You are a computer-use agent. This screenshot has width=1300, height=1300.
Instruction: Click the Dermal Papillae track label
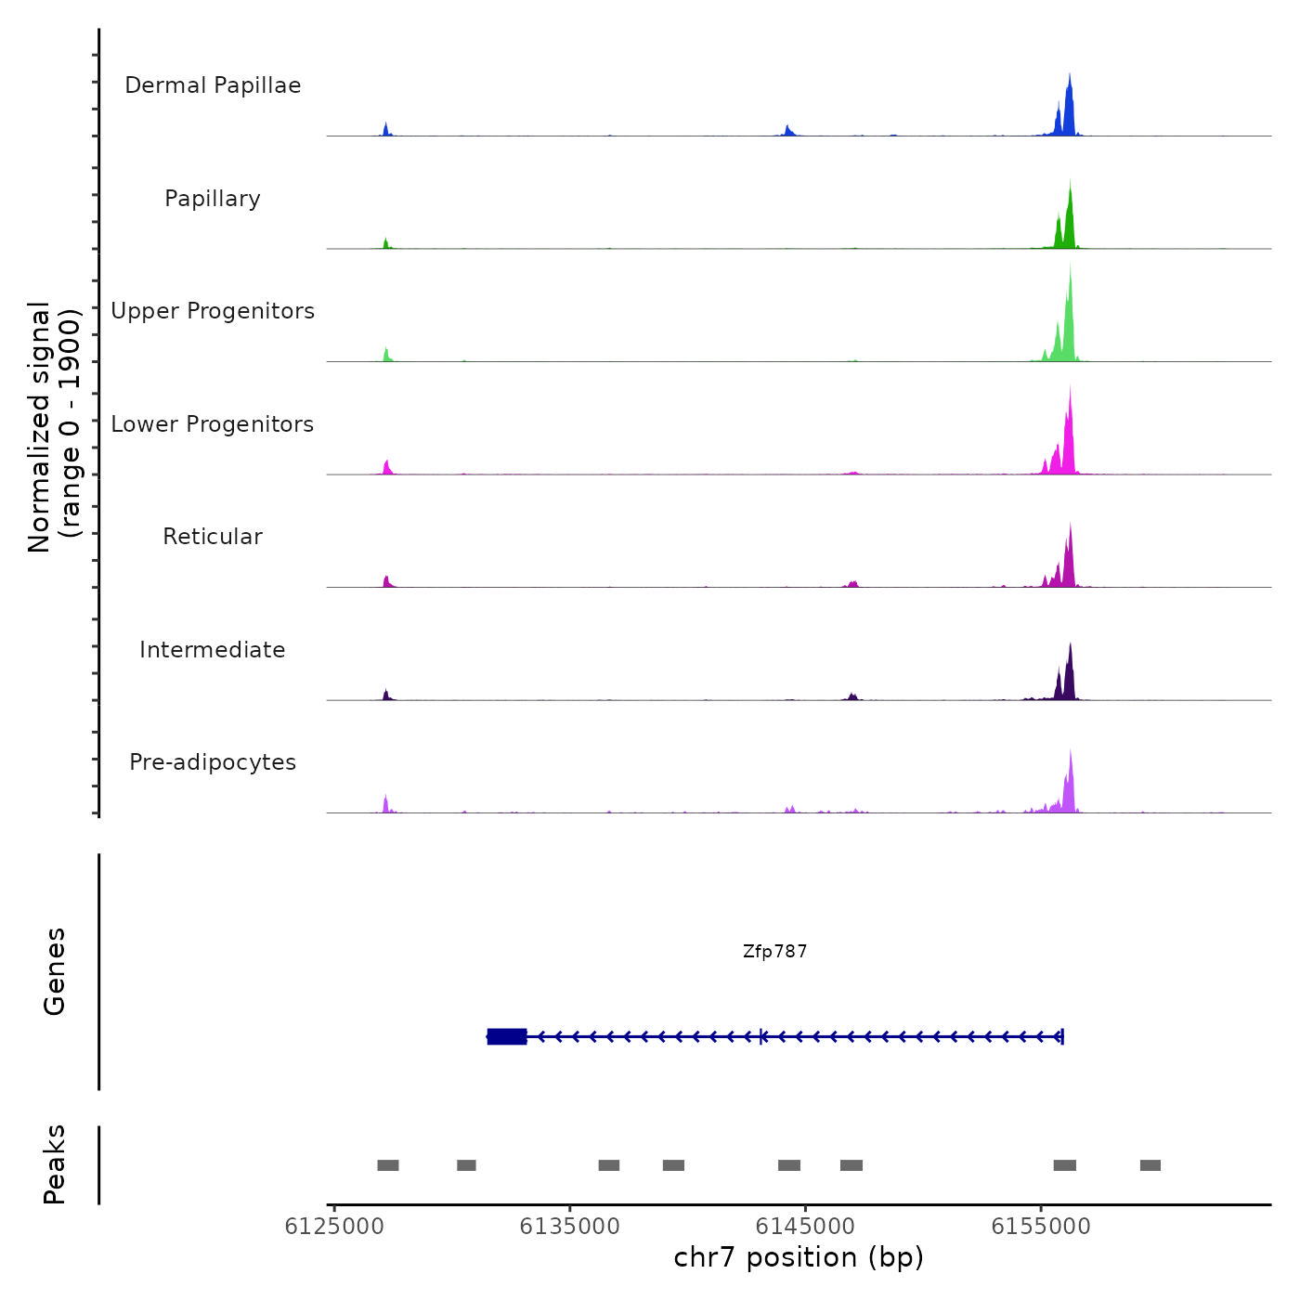point(213,85)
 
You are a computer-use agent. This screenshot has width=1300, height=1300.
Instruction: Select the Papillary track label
point(213,199)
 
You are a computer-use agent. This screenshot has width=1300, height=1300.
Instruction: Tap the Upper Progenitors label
point(213,311)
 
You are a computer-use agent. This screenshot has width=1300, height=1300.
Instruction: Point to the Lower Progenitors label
point(213,424)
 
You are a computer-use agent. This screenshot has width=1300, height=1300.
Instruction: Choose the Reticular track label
point(213,537)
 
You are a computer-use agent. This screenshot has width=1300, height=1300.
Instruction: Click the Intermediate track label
point(213,650)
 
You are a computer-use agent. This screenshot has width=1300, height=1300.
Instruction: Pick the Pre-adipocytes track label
point(213,762)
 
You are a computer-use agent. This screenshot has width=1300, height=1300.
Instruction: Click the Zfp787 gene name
point(774,952)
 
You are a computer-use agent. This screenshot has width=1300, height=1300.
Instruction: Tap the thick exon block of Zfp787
point(507,1036)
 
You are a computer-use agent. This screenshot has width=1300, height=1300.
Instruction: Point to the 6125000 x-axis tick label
point(334,1227)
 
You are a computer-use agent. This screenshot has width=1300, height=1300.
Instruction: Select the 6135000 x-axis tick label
point(569,1227)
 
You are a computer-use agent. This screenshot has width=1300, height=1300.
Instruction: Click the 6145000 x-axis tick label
point(805,1227)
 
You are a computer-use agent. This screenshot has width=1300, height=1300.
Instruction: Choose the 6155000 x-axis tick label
point(1041,1227)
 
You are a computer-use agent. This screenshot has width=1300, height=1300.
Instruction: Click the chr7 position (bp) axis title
point(799,1258)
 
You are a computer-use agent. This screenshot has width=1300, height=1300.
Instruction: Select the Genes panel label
point(55,971)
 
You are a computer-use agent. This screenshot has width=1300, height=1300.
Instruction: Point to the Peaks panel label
point(55,1164)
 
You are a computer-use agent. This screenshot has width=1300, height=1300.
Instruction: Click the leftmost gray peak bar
point(388,1165)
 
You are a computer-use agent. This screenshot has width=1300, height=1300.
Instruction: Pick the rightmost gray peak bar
point(1150,1165)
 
